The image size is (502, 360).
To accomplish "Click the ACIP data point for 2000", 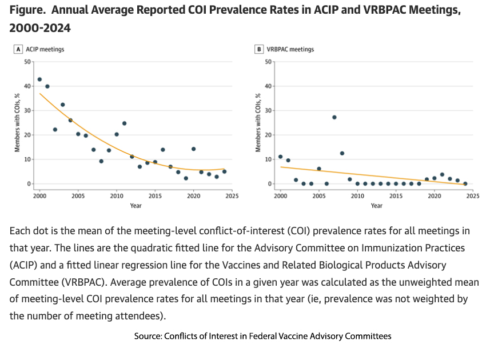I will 39,79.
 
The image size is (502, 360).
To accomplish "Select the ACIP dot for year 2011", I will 124,123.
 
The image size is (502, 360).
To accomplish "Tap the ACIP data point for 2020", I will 193,149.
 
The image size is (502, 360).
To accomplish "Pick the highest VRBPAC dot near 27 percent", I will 334,117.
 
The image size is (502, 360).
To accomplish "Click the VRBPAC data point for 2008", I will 342,153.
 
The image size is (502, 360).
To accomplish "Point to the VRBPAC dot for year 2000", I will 280,157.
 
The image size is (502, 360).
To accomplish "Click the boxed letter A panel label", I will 19,49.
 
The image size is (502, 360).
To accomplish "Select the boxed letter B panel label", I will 260,49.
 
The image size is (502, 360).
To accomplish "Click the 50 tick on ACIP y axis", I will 27,61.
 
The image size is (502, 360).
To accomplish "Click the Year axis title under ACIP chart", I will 136,205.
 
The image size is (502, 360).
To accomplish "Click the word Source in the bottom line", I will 148,336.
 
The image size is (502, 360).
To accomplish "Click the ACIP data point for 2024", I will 224,171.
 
